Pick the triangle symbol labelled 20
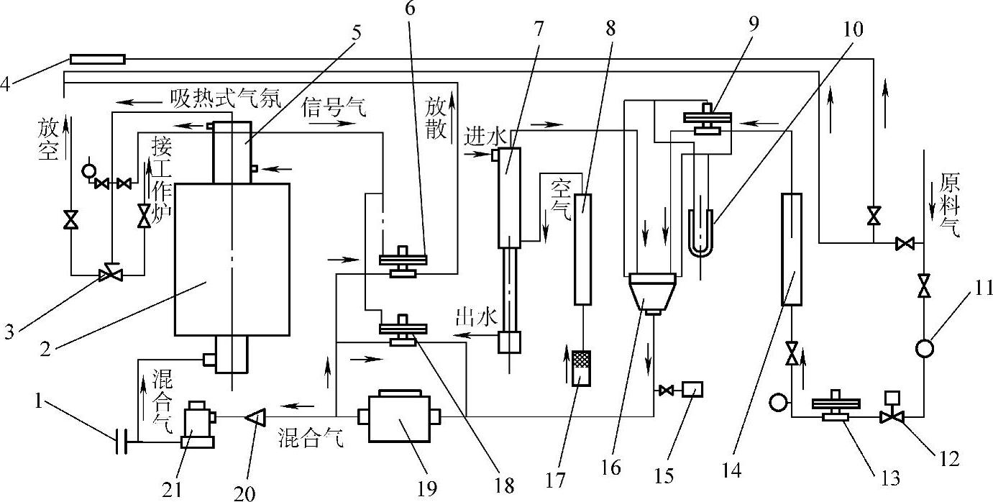pyautogui.click(x=253, y=416)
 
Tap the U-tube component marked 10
pyautogui.click(x=700, y=232)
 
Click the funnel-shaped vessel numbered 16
pyautogui.click(x=651, y=291)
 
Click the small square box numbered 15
pyautogui.click(x=692, y=389)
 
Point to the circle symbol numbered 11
pyautogui.click(x=924, y=348)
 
